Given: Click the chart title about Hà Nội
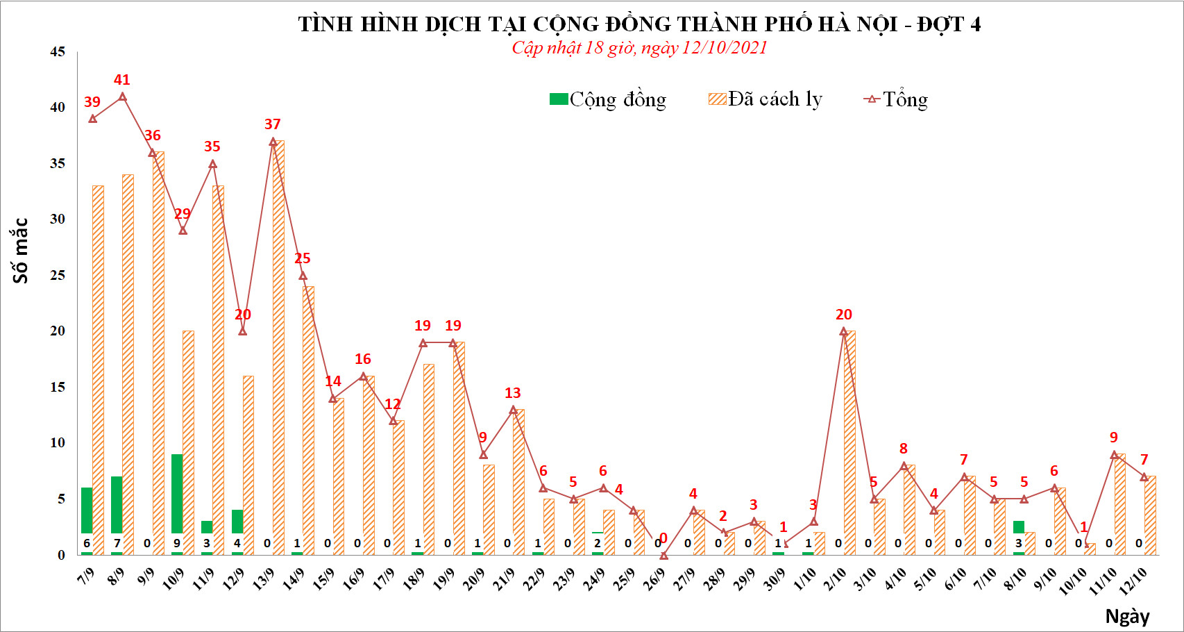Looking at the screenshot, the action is [639, 24].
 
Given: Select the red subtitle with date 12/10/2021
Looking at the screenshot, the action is [639, 48].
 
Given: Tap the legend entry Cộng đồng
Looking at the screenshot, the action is [608, 99].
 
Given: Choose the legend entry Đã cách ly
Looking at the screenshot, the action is [766, 99].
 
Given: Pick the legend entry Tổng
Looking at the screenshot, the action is [895, 99].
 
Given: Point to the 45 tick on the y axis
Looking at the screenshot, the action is [58, 52].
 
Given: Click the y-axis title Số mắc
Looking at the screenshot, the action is [20, 251].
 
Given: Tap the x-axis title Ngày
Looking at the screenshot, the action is [1128, 617].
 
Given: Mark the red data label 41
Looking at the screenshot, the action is [121, 80].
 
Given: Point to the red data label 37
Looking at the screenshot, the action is [272, 124].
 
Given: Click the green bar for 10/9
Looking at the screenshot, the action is [177, 493].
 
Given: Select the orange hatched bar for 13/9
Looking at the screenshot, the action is [278, 347].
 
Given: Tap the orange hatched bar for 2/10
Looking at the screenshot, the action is [849, 442].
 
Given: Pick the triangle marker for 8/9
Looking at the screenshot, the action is [123, 97].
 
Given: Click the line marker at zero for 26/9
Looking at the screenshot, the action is [664, 556].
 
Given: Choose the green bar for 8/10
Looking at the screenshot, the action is [1019, 526].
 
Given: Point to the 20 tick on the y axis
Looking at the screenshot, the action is [58, 331].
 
